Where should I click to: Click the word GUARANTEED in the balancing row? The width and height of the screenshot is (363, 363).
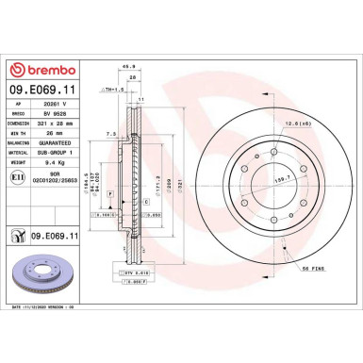(x=52, y=156)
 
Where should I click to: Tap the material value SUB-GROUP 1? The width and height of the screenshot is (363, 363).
(x=52, y=165)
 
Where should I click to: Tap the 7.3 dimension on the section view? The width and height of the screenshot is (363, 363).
(x=111, y=134)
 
